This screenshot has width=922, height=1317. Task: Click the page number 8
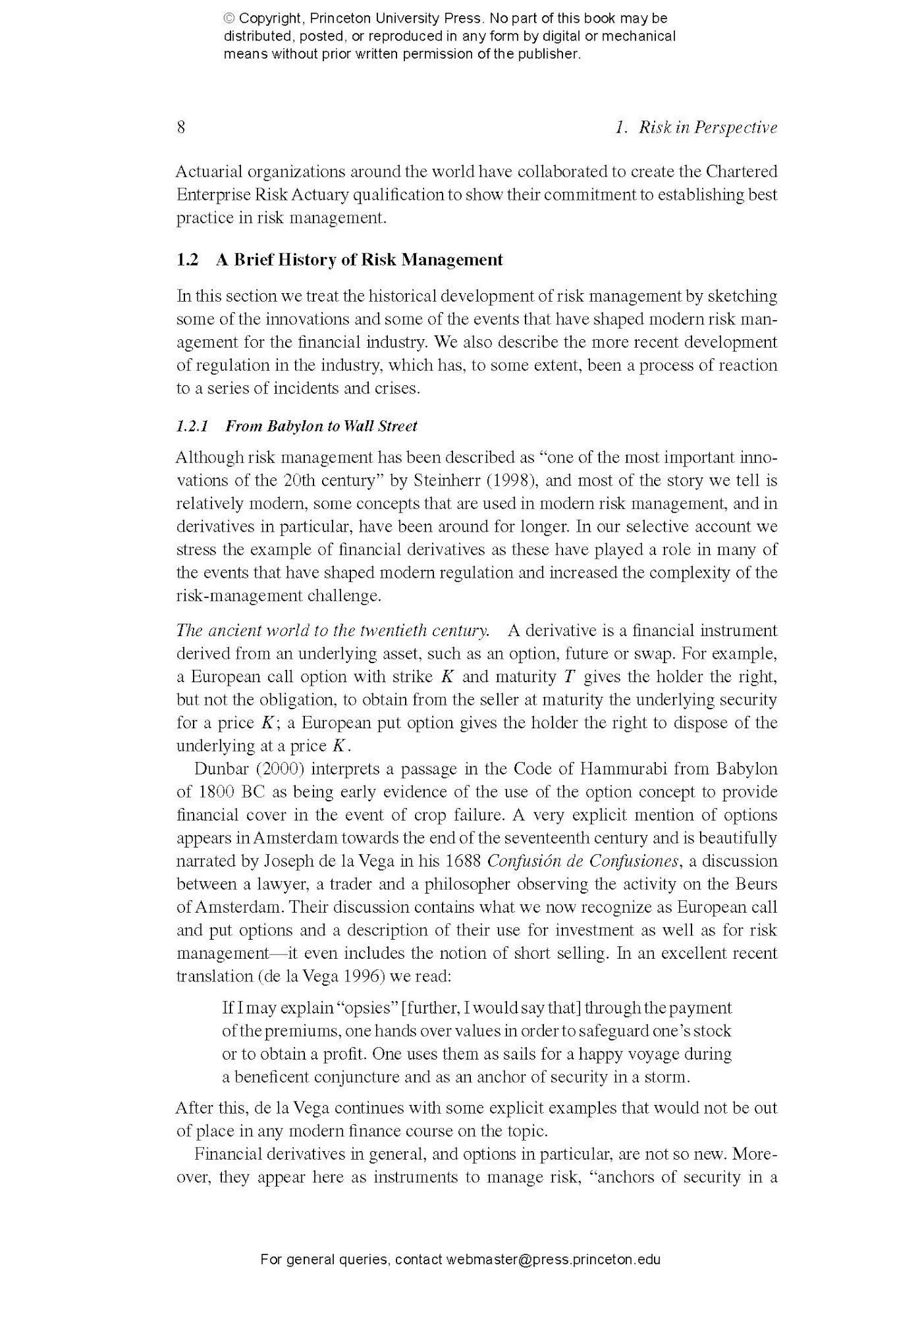[181, 127]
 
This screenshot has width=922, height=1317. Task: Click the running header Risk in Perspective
[707, 127]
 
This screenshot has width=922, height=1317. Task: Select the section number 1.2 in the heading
[187, 259]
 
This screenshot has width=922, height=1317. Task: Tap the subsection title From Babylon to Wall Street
[321, 426]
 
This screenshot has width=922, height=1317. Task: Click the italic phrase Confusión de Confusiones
[583, 860]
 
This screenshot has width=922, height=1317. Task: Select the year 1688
[464, 860]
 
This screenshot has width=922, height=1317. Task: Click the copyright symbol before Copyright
[229, 19]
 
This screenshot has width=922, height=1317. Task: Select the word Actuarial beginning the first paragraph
[208, 171]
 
